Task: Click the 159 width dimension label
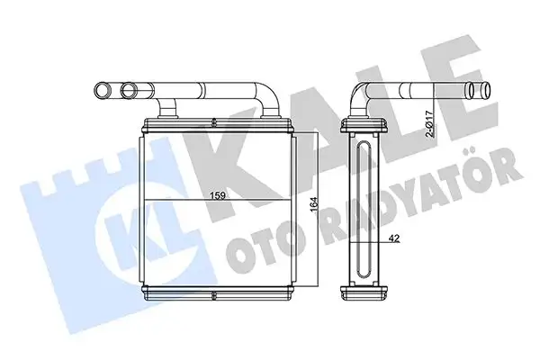click(219, 195)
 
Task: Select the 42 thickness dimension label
click(394, 238)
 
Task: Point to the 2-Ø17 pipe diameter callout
click(429, 123)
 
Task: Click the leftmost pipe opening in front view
click(103, 90)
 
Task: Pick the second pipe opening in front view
click(129, 90)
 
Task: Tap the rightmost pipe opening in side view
click(487, 90)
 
